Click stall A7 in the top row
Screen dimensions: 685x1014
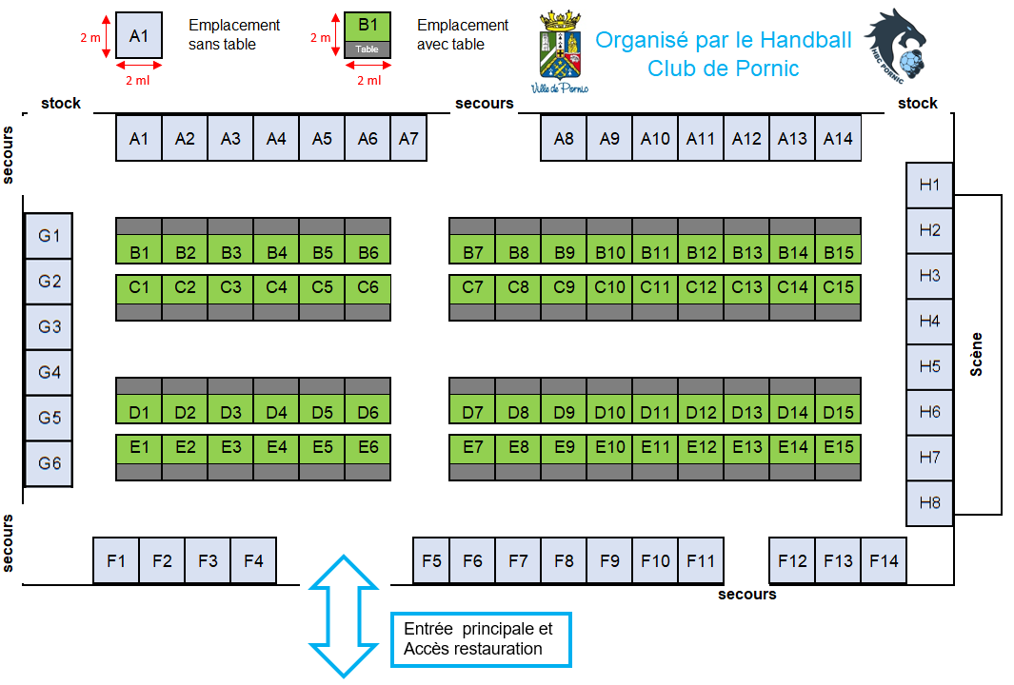point(408,138)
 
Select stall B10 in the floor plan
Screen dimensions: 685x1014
point(609,252)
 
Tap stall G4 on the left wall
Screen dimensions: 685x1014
point(50,372)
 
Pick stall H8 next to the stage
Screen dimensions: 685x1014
point(929,502)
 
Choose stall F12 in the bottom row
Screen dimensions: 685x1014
point(792,561)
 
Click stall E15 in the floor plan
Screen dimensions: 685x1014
point(838,447)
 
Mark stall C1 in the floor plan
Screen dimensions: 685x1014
point(139,287)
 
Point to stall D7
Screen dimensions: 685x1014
point(472,412)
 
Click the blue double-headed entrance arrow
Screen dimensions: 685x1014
point(343,616)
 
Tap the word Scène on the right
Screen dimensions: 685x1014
point(976,353)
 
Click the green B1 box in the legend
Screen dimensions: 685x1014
point(368,35)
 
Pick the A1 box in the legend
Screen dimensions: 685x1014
point(139,36)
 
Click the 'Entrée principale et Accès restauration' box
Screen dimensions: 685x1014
point(481,639)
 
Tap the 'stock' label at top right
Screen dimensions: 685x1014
point(918,103)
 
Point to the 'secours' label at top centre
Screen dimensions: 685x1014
point(485,103)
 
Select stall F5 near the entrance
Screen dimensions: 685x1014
point(431,561)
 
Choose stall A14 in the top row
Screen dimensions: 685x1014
point(838,138)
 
